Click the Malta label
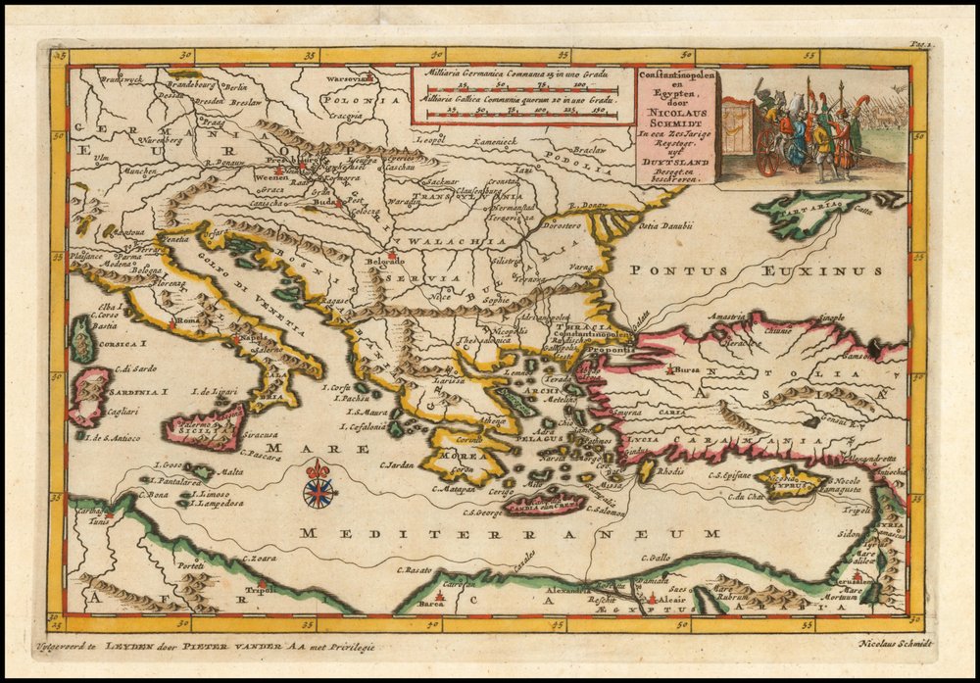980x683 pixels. pos(229,471)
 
